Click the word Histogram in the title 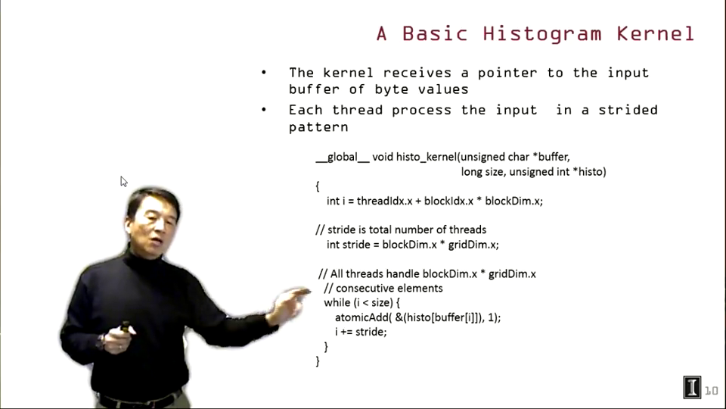542,34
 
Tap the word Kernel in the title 656,34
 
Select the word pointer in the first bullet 507,73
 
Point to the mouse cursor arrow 123,181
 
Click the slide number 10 712,391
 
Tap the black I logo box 692,387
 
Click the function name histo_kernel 427,158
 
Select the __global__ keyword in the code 343,158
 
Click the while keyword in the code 337,302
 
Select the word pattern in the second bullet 318,127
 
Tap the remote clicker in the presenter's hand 125,327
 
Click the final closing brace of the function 318,361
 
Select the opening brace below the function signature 318,186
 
